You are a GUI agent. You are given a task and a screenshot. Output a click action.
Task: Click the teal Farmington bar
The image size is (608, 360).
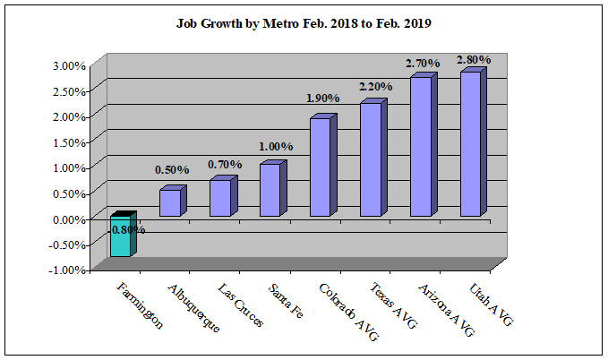tap(121, 237)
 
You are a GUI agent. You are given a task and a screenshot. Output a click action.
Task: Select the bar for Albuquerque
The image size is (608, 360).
tap(170, 202)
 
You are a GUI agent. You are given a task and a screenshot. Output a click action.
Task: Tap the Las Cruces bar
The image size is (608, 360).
tap(220, 197)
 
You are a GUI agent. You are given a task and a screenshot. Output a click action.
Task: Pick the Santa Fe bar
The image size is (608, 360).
tap(270, 190)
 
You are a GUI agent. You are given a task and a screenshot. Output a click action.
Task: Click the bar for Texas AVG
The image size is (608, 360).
tap(371, 159)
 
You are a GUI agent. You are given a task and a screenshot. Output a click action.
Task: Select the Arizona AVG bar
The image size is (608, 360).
tap(421, 147)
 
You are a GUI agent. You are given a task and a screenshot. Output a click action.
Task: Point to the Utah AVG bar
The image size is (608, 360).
tap(471, 144)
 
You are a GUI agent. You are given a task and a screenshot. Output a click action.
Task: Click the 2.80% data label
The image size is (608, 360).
tap(473, 60)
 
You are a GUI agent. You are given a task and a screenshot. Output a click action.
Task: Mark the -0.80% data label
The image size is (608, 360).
tap(126, 229)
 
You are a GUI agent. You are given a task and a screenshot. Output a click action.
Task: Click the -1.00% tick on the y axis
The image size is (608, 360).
tap(69, 270)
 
